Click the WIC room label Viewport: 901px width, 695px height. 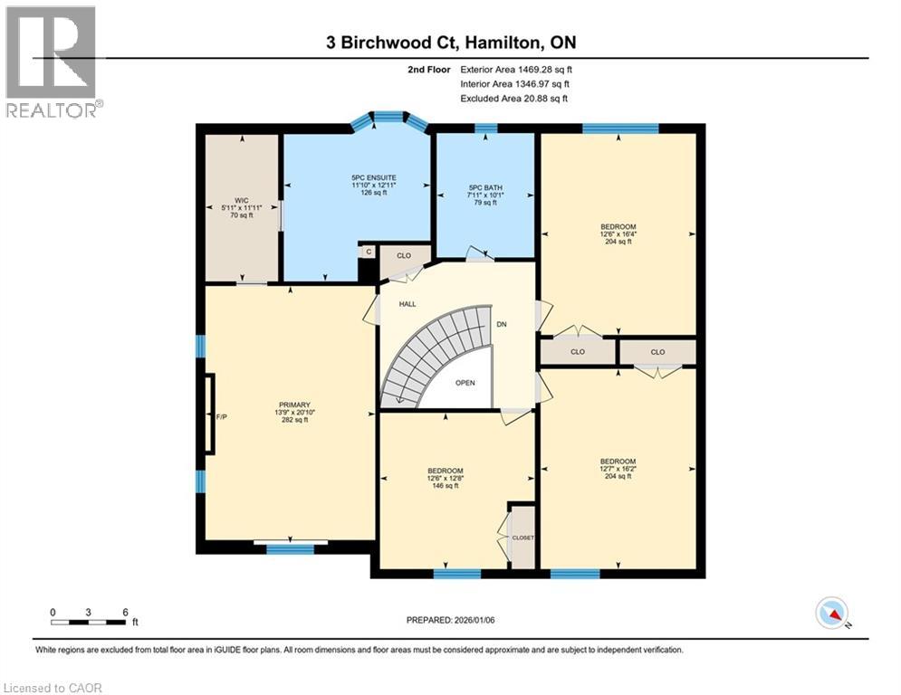[x=242, y=201]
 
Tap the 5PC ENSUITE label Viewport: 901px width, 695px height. [x=374, y=178]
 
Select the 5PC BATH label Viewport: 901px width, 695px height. [x=485, y=188]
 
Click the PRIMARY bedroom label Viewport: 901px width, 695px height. [x=295, y=405]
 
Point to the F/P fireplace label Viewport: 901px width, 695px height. [x=222, y=417]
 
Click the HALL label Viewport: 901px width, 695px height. [x=407, y=304]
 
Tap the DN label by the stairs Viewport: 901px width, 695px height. [x=502, y=324]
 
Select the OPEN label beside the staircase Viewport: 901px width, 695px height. [x=465, y=383]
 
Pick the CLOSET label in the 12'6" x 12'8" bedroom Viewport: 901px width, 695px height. [x=522, y=538]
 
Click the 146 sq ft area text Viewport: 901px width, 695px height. [x=446, y=486]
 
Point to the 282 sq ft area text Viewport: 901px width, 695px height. [x=295, y=420]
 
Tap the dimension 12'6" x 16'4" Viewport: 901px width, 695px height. [x=618, y=234]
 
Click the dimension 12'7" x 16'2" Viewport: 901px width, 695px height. [x=618, y=469]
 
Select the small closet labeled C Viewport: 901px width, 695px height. [x=369, y=252]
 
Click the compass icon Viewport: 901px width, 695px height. [x=832, y=613]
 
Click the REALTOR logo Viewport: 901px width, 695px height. [x=53, y=62]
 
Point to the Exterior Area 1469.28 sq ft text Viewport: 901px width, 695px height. [x=516, y=70]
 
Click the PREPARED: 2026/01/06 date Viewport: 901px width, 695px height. [x=451, y=620]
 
